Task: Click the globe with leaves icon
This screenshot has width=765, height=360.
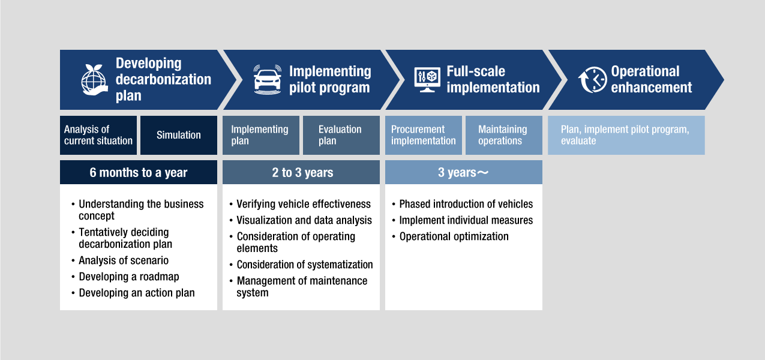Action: (94, 80)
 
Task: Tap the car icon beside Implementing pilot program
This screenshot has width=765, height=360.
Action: (268, 80)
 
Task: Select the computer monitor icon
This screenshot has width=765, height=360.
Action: (427, 80)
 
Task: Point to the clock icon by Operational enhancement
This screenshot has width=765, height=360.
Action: (593, 80)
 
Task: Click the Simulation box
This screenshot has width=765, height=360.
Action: (179, 135)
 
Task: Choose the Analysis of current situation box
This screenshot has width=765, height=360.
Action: (98, 135)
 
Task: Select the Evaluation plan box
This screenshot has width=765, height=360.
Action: (341, 135)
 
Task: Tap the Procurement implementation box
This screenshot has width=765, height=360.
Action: (424, 135)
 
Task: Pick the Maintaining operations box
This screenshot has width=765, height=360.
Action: (504, 135)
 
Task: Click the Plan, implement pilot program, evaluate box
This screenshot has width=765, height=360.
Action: (626, 135)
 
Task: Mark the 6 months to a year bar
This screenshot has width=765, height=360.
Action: (139, 172)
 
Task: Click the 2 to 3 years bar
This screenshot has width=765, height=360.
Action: (301, 172)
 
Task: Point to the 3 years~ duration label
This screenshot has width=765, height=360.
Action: (463, 172)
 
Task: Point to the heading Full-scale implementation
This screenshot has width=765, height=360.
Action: (493, 79)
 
